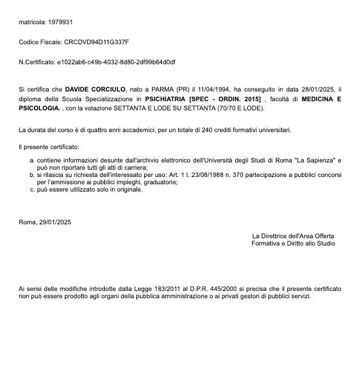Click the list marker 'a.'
(32, 159)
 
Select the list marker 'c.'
(32, 189)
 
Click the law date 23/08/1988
(213, 175)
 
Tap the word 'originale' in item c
(129, 189)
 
